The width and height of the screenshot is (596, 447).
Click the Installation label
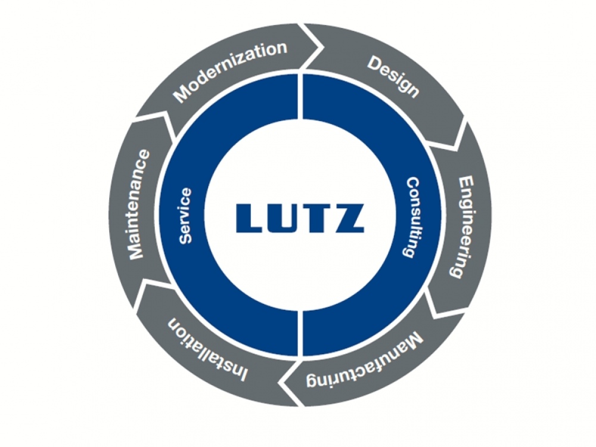coord(208,349)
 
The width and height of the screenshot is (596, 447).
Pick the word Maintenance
coord(139,204)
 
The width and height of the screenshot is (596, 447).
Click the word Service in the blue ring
coord(185,215)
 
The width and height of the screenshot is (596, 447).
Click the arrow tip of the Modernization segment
coord(324,48)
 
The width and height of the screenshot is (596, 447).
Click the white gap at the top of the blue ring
coord(300,94)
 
